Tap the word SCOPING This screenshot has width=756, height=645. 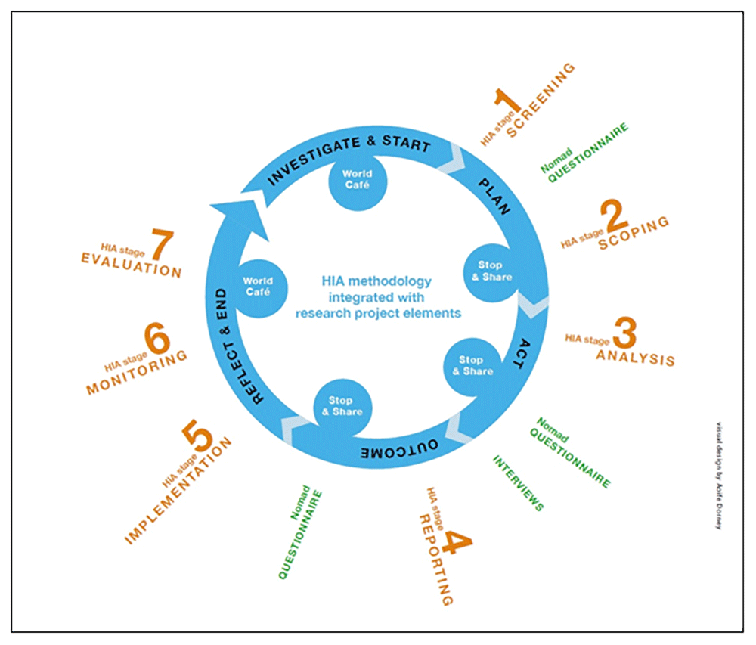point(634,233)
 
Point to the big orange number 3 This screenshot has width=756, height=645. point(625,333)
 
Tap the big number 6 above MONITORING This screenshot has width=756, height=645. point(158,341)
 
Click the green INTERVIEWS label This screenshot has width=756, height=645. point(519,483)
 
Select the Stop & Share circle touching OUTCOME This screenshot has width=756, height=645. point(345,406)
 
